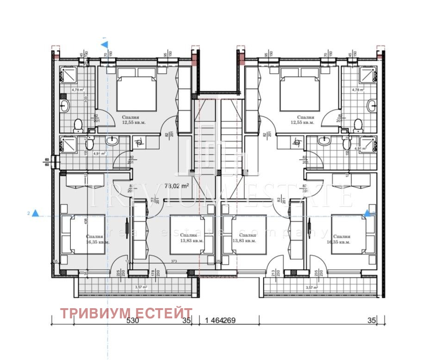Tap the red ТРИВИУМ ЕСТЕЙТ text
(126, 313)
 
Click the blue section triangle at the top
(105, 44)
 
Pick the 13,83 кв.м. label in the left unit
(192, 241)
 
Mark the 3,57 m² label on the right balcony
(311, 287)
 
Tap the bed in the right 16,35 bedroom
(352, 234)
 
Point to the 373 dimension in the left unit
(174, 261)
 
